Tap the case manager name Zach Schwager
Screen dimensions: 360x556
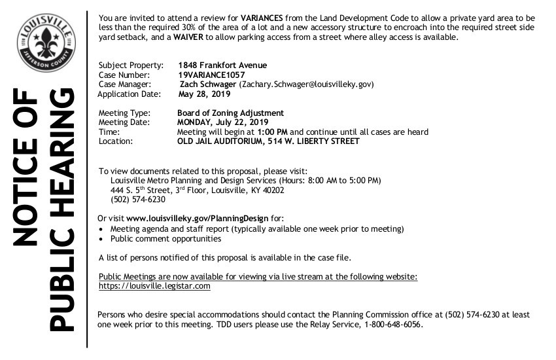click(207, 84)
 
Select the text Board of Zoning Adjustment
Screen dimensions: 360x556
click(230, 113)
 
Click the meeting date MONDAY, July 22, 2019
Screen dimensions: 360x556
click(222, 122)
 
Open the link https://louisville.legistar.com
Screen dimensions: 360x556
click(154, 286)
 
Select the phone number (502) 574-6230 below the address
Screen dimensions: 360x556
click(138, 200)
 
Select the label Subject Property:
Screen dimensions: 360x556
click(126, 65)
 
